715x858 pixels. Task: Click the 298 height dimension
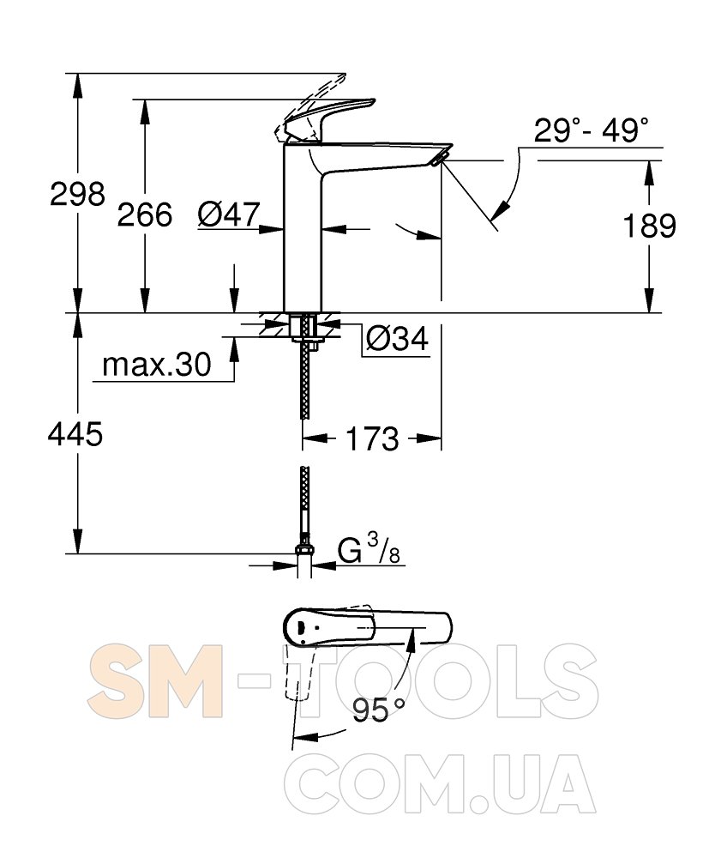77,194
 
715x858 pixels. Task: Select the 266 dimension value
145,214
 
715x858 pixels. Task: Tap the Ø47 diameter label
229,214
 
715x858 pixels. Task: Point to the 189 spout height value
649,226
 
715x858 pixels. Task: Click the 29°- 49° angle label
592,130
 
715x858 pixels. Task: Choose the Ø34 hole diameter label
398,339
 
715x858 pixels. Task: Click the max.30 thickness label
156,364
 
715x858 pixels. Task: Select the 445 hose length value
75,435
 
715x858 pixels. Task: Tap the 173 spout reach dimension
372,438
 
